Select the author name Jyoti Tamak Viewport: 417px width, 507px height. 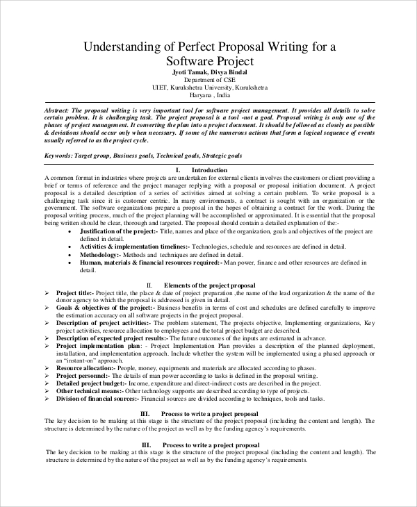pyautogui.click(x=189, y=72)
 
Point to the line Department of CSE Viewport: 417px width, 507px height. pyautogui.click(x=208, y=80)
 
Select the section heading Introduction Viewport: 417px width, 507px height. pyautogui.click(x=208, y=170)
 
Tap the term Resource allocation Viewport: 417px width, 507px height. pyautogui.click(x=84, y=367)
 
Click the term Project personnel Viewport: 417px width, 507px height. pyautogui.click(x=83, y=375)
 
